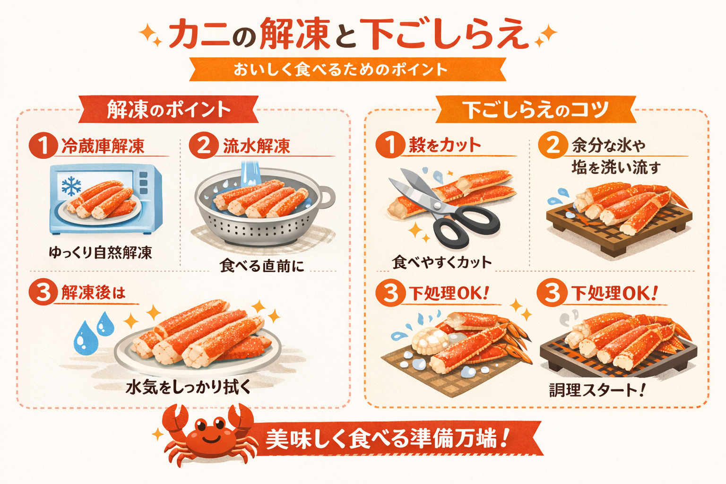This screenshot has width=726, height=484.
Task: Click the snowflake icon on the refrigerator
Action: point(71,186)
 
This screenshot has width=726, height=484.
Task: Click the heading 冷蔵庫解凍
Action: point(103,146)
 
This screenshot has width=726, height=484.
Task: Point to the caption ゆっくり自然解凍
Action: point(100,252)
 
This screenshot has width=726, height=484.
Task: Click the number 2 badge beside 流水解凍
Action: point(204,146)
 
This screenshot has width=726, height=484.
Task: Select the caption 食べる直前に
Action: point(262,266)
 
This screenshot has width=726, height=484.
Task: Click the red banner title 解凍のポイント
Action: point(169,110)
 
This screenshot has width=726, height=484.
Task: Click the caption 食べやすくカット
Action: point(442,262)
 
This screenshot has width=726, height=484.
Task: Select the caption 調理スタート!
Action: point(596,390)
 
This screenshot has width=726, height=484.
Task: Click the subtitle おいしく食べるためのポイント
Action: point(340,69)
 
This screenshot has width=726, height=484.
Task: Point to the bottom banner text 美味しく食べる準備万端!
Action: point(386,439)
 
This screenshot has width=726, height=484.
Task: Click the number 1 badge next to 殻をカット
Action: point(390,145)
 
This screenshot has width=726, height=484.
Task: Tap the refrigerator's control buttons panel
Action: point(143,183)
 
